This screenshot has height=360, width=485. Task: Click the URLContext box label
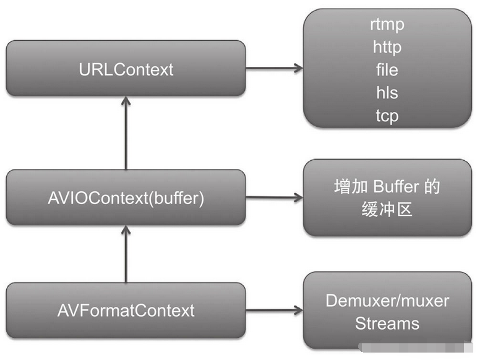click(126, 69)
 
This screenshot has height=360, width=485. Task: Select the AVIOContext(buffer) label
click(126, 199)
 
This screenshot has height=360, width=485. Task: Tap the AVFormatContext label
click(126, 311)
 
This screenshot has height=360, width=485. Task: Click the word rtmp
click(387, 25)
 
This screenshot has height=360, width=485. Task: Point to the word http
click(387, 47)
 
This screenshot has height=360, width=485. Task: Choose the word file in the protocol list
click(387, 70)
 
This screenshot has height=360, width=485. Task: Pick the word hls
click(387, 93)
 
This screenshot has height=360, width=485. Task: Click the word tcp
click(387, 116)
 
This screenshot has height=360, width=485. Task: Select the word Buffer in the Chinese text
click(397, 186)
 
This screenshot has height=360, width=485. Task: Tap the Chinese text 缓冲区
click(387, 210)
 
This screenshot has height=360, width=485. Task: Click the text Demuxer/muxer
click(387, 301)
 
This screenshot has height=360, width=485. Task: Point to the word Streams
click(387, 323)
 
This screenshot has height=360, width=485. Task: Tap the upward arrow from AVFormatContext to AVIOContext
click(126, 254)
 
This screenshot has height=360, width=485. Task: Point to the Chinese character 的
click(432, 186)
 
